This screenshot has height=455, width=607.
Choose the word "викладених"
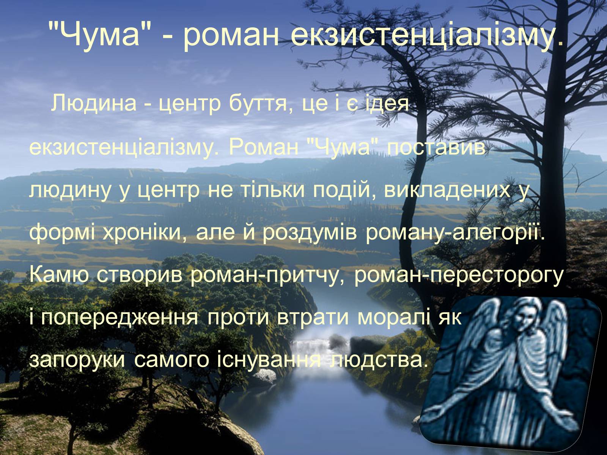[447, 190]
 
